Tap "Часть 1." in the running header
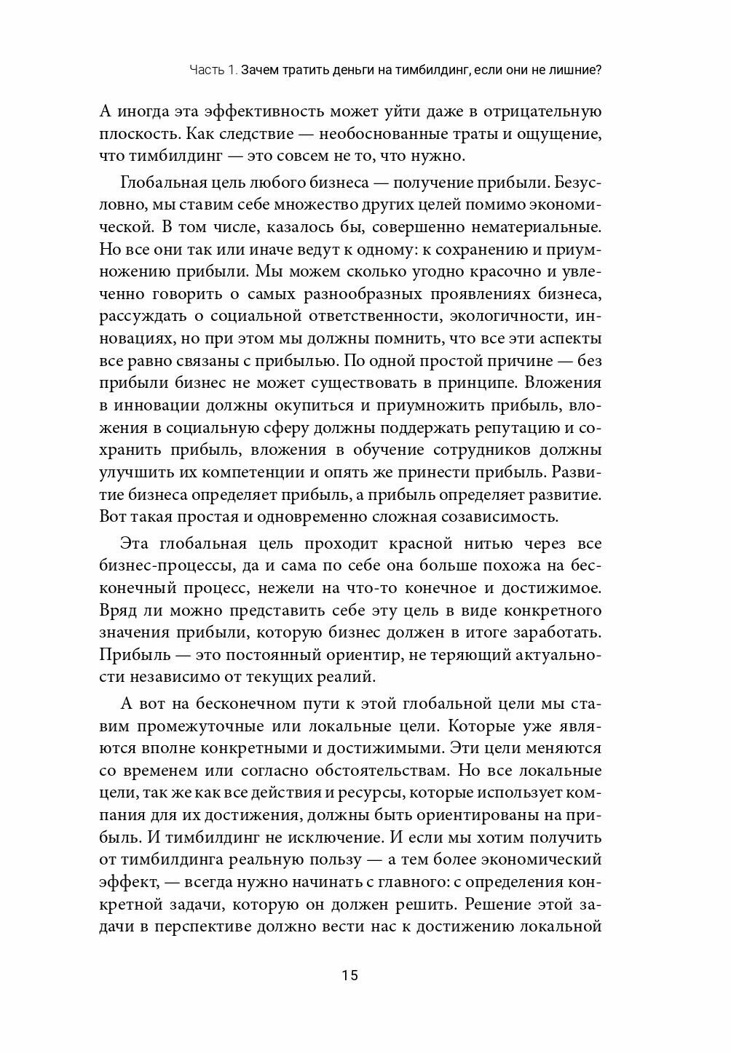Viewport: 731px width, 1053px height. point(213,71)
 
